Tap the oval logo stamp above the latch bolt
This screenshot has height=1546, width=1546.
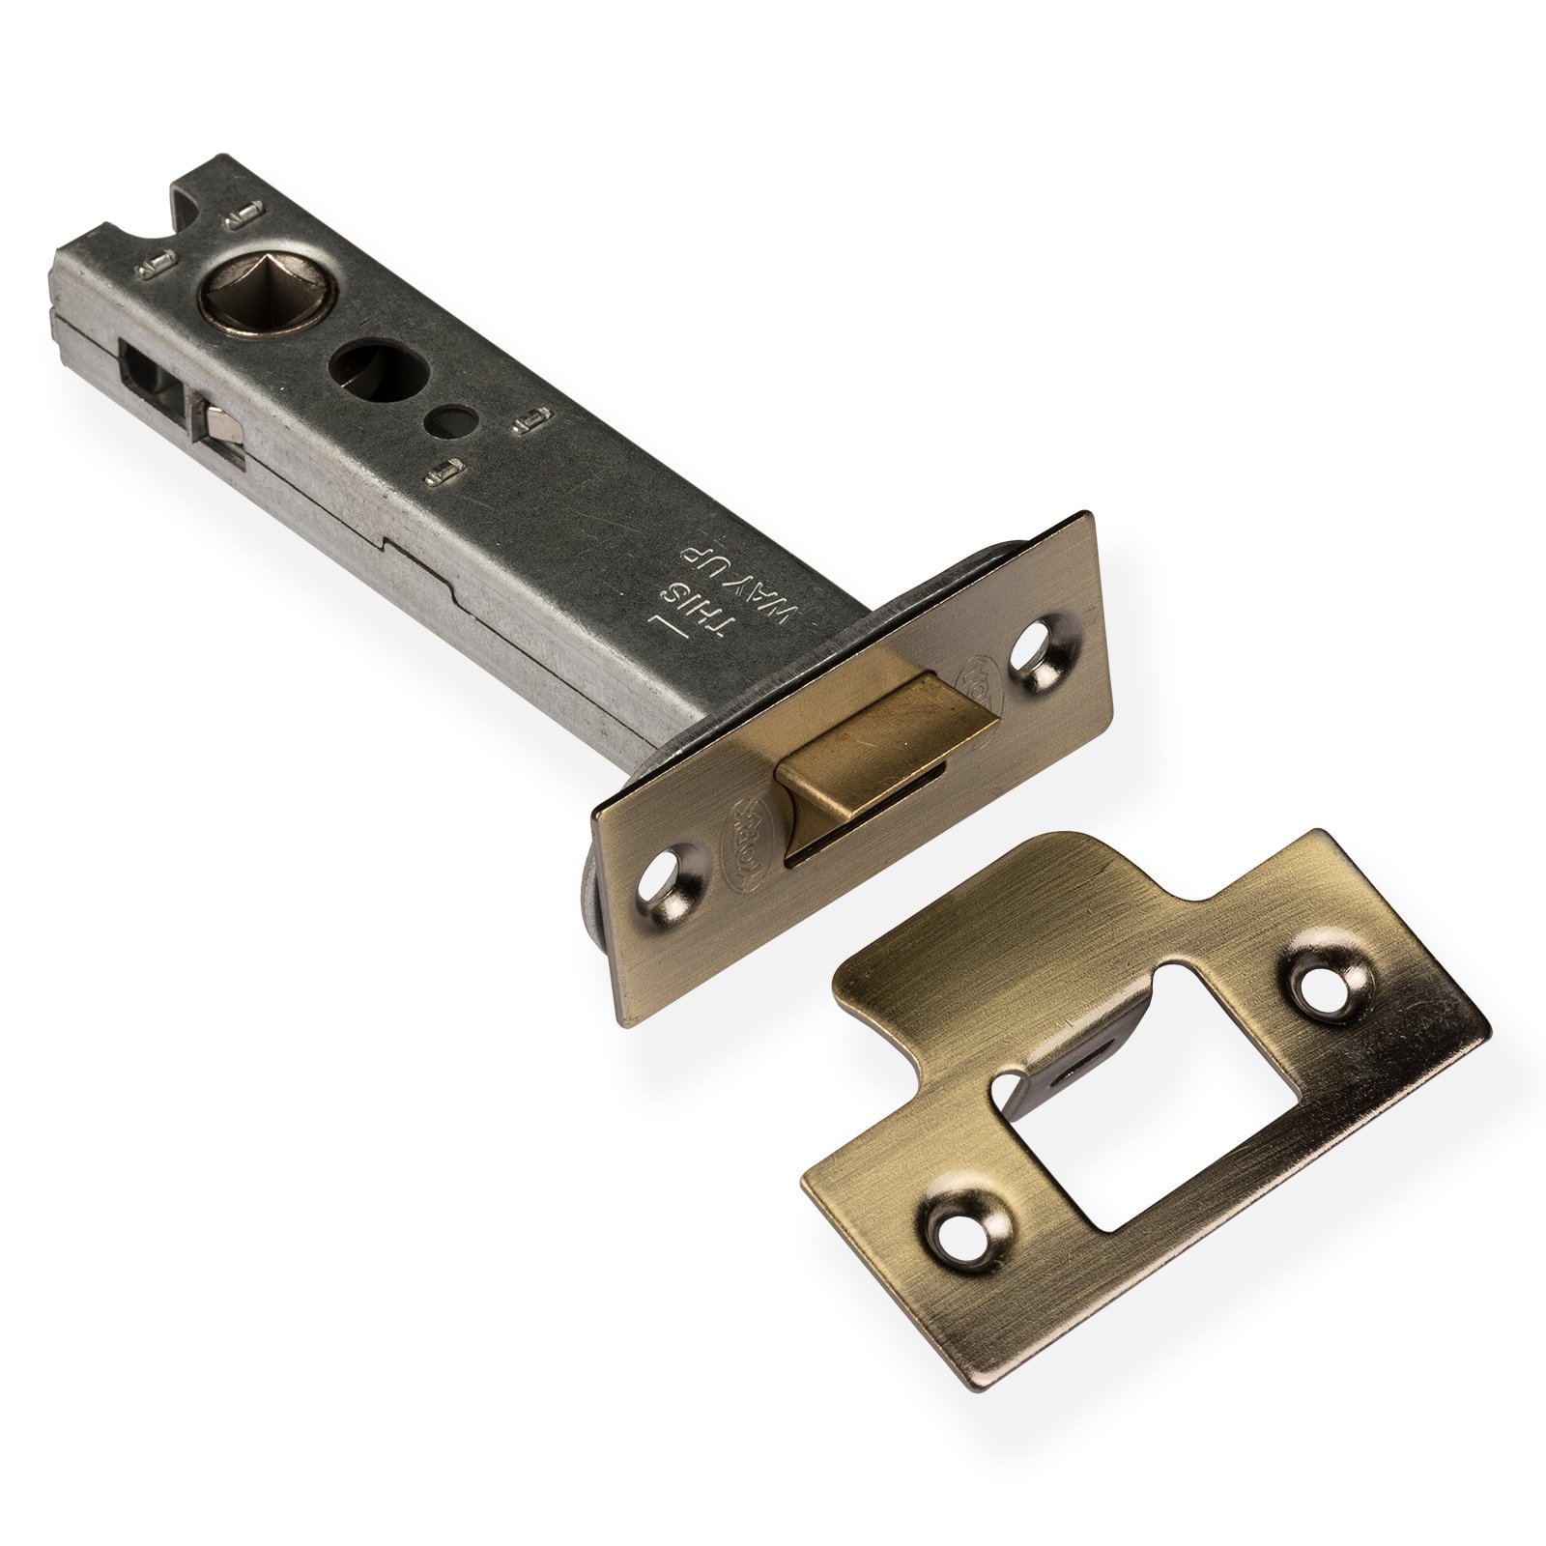pos(971,681)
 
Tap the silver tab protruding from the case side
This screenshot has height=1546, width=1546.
pos(216,422)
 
